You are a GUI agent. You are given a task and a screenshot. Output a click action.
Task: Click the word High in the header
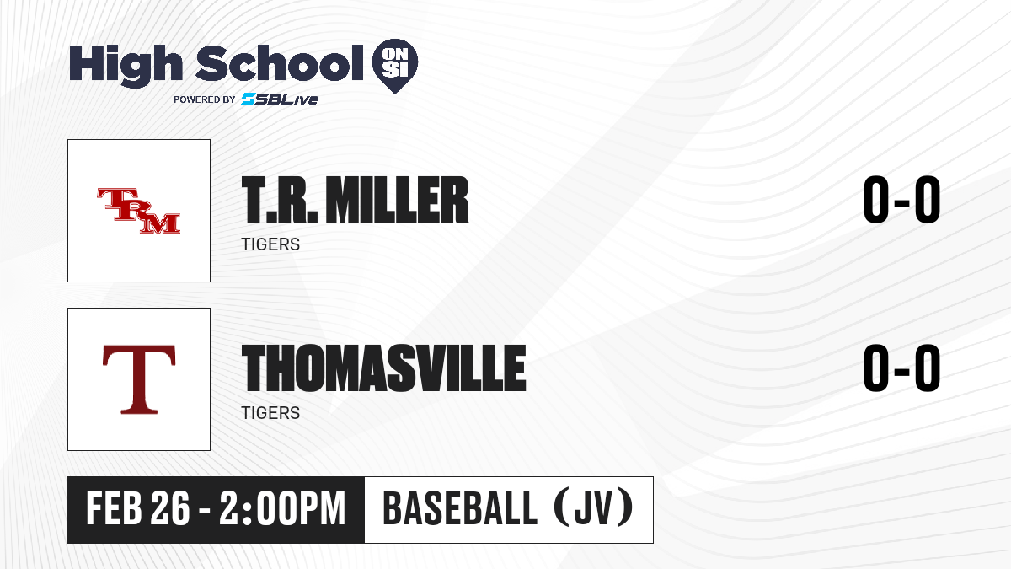point(126,66)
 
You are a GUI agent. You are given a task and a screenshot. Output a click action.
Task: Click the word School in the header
point(280,62)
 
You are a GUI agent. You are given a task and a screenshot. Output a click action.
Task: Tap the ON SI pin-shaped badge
point(395,66)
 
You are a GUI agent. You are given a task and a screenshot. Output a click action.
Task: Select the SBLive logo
point(280,99)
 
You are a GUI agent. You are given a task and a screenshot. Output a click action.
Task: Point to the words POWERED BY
point(205,99)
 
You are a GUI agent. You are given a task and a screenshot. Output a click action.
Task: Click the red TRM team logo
point(139,211)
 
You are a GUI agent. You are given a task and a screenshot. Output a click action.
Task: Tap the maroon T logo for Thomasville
point(139,379)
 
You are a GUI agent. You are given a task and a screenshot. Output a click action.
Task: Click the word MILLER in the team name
point(397,200)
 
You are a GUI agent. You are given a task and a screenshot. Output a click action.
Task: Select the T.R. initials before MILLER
point(280,200)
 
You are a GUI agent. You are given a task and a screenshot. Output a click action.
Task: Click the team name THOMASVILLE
point(384,368)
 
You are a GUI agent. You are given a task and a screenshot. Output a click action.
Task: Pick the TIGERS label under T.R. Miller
point(270,244)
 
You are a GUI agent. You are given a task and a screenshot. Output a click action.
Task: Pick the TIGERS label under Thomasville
point(270,413)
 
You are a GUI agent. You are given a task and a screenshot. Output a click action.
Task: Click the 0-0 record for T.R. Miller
point(901,200)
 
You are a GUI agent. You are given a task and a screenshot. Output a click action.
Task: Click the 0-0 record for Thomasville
point(901,368)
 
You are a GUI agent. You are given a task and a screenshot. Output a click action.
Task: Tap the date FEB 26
point(138,508)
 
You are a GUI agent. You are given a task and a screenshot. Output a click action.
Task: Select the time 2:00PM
point(282,508)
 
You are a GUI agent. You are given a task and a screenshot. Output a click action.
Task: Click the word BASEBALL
point(460,508)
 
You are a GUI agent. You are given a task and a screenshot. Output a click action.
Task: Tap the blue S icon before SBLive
point(249,99)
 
